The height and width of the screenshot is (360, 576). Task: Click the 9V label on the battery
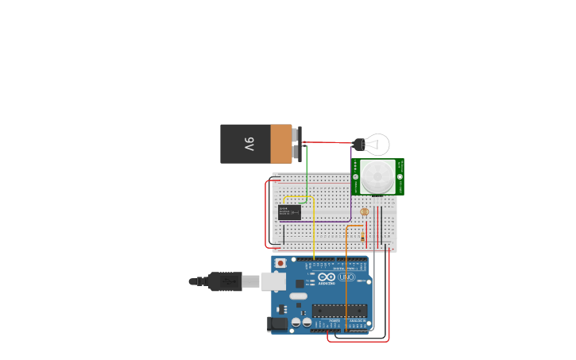(x=249, y=145)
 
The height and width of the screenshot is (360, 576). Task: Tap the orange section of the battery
(x=281, y=144)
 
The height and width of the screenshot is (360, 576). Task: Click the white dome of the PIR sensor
(x=377, y=176)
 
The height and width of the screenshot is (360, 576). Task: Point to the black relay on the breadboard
(x=289, y=212)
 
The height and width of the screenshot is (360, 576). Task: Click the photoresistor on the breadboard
(x=365, y=211)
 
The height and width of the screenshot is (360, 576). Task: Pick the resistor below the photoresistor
(x=363, y=236)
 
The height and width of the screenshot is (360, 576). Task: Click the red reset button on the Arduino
(x=280, y=263)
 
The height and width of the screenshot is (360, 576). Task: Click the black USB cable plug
(x=226, y=281)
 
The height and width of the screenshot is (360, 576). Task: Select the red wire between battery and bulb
(x=326, y=143)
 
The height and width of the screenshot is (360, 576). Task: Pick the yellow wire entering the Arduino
(x=313, y=230)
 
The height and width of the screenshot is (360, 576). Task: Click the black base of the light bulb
(x=358, y=145)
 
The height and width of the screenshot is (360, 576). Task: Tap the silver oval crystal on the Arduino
(x=298, y=296)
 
